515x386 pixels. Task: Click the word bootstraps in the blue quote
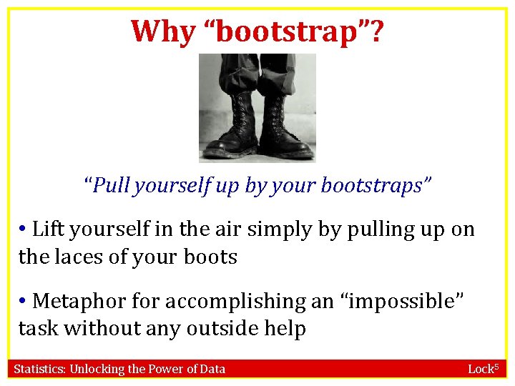372,186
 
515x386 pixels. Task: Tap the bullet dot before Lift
23,229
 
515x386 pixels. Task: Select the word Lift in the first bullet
48,229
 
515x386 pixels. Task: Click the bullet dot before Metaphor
23,301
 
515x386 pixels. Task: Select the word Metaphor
79,301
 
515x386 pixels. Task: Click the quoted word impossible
400,302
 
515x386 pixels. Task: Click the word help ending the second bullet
284,330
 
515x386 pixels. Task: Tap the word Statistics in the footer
40,369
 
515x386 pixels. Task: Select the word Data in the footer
211,369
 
